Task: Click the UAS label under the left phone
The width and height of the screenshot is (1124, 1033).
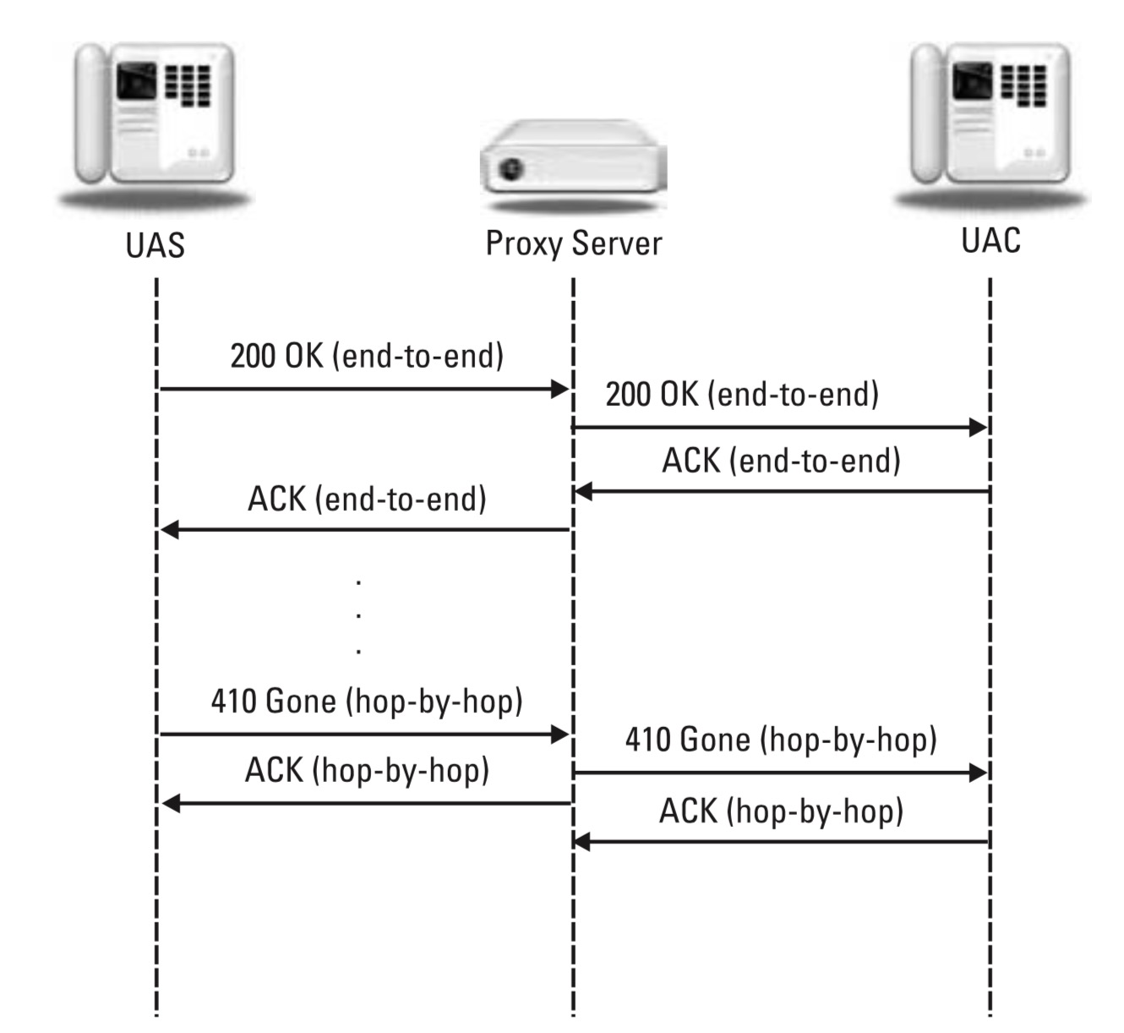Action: pos(155,245)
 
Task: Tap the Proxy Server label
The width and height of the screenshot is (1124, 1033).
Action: pos(573,243)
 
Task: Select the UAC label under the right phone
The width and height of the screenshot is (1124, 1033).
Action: pos(990,240)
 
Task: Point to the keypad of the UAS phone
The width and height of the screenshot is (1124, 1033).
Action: pos(188,85)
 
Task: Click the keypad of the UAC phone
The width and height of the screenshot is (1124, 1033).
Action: pos(1023,85)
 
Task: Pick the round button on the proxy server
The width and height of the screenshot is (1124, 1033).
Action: pos(510,168)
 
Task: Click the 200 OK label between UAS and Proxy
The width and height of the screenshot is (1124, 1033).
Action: pos(367,356)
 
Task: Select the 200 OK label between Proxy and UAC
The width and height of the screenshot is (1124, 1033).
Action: pos(742,394)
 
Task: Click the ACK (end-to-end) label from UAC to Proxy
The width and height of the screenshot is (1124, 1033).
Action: pos(781,461)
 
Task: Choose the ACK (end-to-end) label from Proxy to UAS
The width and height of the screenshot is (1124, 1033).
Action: pos(367,499)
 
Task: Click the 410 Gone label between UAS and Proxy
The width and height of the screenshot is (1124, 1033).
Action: pos(367,701)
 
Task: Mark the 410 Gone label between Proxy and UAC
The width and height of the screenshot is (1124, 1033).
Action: pos(781,740)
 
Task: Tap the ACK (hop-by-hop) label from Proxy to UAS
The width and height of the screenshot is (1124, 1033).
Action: pos(367,770)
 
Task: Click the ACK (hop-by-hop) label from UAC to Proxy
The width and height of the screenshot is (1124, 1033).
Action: pos(781,811)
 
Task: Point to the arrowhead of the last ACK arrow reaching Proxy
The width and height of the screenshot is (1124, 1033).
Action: pos(581,842)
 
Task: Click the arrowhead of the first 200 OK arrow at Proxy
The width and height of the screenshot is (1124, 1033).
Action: pos(560,389)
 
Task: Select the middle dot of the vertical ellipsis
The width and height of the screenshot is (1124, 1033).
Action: pos(359,616)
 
